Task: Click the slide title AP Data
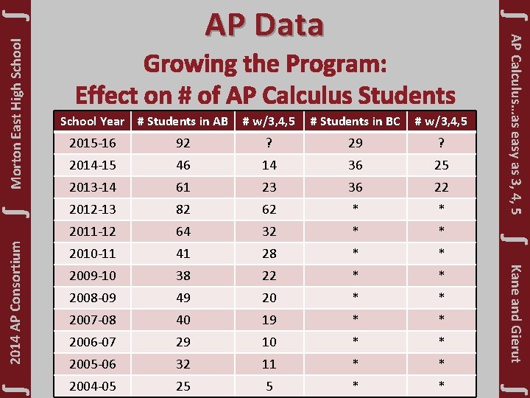[x=264, y=24]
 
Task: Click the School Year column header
[x=92, y=121]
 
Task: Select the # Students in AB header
[x=183, y=121]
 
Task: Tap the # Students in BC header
[x=355, y=121]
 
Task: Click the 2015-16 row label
[x=91, y=143]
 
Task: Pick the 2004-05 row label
[x=91, y=385]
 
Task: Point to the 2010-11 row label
[x=91, y=254]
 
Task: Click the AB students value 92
[x=183, y=143]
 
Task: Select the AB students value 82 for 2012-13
[x=183, y=209]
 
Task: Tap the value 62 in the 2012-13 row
[x=269, y=209]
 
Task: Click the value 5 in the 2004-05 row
[x=269, y=385]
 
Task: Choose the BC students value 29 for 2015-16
[x=355, y=143]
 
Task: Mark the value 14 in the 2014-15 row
[x=269, y=165]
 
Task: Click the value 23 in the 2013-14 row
[x=269, y=187]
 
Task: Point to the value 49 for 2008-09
[x=183, y=298]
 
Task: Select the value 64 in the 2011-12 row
[x=183, y=231]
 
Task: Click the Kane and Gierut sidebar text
[x=516, y=313]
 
